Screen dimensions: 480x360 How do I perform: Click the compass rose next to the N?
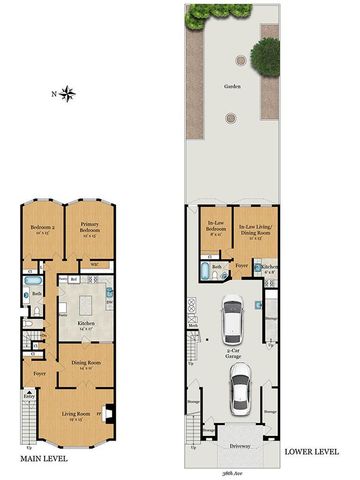click(68, 95)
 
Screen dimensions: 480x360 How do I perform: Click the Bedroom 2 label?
click(40, 231)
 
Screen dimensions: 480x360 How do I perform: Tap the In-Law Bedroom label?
click(214, 226)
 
